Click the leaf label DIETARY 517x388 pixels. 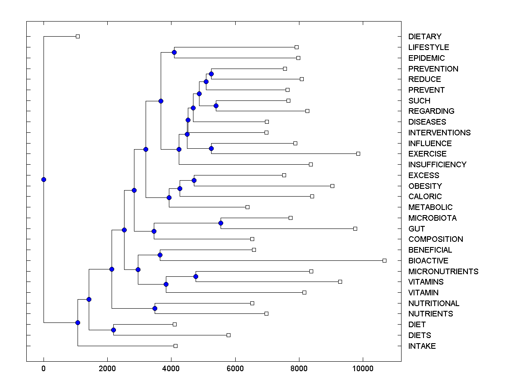pyautogui.click(x=425, y=37)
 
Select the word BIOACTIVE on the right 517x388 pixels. pyautogui.click(x=428, y=261)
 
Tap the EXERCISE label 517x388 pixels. pyautogui.click(x=427, y=154)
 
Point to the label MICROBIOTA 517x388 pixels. pyautogui.click(x=433, y=218)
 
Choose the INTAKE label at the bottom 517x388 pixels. pyautogui.click(x=422, y=346)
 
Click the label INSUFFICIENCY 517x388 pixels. pyautogui.click(x=437, y=165)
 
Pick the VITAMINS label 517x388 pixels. pyautogui.click(x=426, y=282)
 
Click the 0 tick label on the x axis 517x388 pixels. pyautogui.click(x=44, y=369)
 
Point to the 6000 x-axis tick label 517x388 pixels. pyautogui.click(x=235, y=369)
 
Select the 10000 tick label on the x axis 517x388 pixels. pyautogui.click(x=363, y=369)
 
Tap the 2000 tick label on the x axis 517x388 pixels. pyautogui.click(x=107, y=369)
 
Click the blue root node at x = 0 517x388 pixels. pyautogui.click(x=44, y=179)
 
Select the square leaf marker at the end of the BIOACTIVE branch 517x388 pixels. pyautogui.click(x=385, y=260)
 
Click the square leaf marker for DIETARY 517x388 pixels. pyautogui.click(x=78, y=36)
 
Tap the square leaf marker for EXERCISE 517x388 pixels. pyautogui.click(x=358, y=153)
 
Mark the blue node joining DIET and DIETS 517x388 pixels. pyautogui.click(x=113, y=330)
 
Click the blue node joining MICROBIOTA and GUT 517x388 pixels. pyautogui.click(x=221, y=223)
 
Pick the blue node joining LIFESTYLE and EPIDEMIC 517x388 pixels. pyautogui.click(x=174, y=52)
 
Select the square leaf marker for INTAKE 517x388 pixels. pyautogui.click(x=175, y=346)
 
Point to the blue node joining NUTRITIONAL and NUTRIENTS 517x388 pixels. pyautogui.click(x=155, y=308)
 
